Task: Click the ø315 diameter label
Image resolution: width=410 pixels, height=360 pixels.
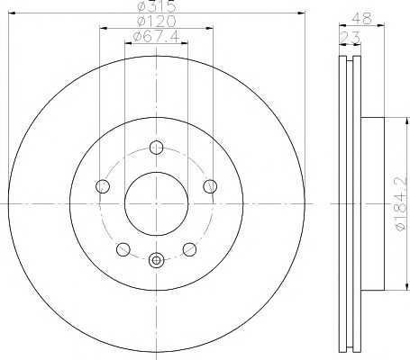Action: [156, 6]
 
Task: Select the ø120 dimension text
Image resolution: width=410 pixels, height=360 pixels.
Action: [156, 21]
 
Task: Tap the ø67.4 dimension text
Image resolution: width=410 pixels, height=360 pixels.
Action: [156, 36]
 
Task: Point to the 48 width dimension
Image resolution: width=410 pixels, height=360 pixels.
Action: [362, 19]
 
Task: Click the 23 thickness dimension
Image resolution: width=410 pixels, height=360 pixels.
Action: [350, 38]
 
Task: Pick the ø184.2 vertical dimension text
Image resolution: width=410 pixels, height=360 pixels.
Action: [402, 203]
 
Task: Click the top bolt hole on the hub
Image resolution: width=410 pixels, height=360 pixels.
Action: [156, 148]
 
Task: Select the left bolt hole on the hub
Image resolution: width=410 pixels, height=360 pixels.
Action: [103, 186]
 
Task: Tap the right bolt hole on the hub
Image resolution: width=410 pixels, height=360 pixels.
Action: [210, 186]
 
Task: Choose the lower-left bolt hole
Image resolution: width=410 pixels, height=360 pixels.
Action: [123, 249]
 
